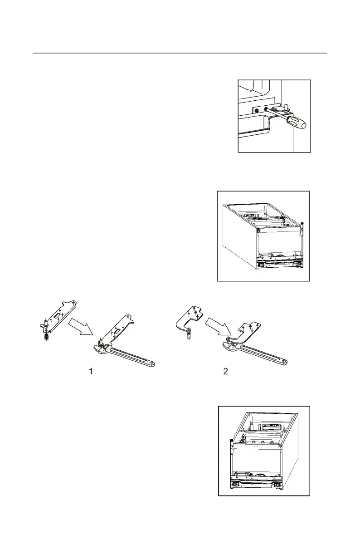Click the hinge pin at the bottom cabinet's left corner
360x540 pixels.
click(230, 440)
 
